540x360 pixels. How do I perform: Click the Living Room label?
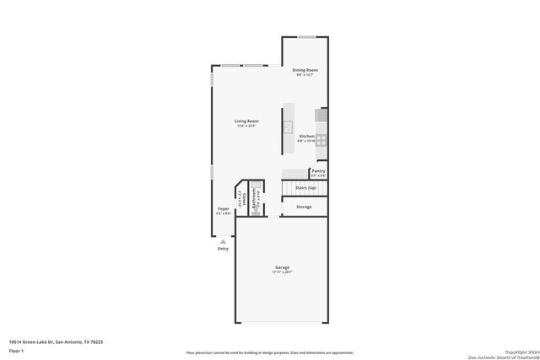point(246,121)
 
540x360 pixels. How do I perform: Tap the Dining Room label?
point(305,70)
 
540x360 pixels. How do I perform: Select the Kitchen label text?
point(306,136)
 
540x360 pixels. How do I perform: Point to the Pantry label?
point(318,170)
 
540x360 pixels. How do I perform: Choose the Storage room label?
point(303,207)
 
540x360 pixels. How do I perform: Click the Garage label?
point(282,267)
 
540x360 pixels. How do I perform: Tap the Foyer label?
point(224,208)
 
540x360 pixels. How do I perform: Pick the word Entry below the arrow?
point(223,249)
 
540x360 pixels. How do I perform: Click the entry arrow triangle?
point(223,241)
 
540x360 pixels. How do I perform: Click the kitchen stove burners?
point(321,140)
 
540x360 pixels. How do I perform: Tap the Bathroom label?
point(253,201)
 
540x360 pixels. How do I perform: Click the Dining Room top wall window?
point(306,36)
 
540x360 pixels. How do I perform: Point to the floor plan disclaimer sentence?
point(270,352)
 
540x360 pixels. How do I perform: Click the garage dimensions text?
point(282,272)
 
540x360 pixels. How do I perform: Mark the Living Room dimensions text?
point(246,126)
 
